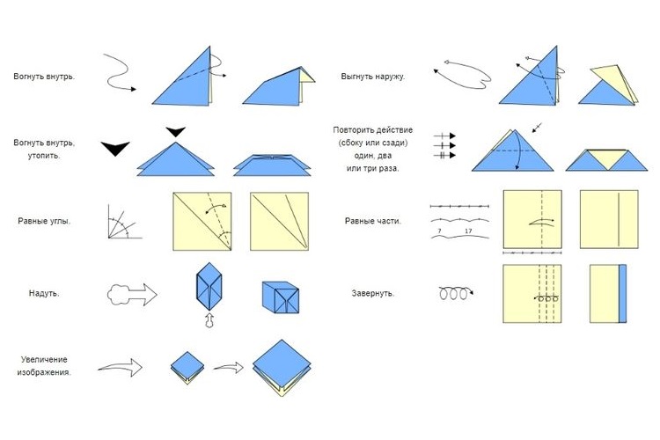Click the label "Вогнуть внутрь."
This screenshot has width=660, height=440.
(x=44, y=77)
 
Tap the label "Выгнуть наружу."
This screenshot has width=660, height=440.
(x=372, y=77)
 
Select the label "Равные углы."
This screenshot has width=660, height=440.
(x=44, y=220)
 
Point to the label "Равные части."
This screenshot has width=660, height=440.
(x=373, y=220)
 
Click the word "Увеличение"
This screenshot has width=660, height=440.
(x=44, y=359)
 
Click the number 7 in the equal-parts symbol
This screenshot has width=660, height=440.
(x=437, y=231)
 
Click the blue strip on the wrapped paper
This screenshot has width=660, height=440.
(x=623, y=292)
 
